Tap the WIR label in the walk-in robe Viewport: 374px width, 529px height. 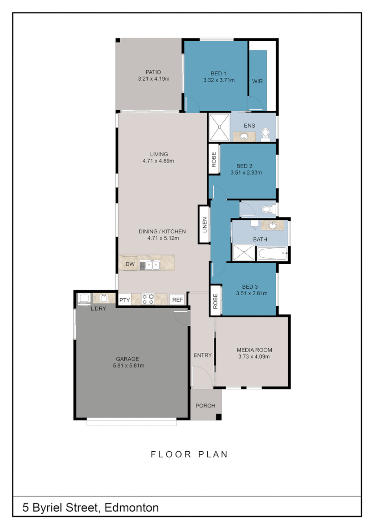257,81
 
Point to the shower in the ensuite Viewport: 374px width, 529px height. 218,127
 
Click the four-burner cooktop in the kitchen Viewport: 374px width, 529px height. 149,299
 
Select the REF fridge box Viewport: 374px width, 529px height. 178,300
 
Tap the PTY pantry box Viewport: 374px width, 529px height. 124,300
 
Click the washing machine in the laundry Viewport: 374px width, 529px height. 84,299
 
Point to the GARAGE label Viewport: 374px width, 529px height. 128,358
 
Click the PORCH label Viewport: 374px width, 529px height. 205,405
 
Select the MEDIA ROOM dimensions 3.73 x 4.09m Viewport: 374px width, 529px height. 253,356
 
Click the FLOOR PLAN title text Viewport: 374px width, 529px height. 189,454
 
